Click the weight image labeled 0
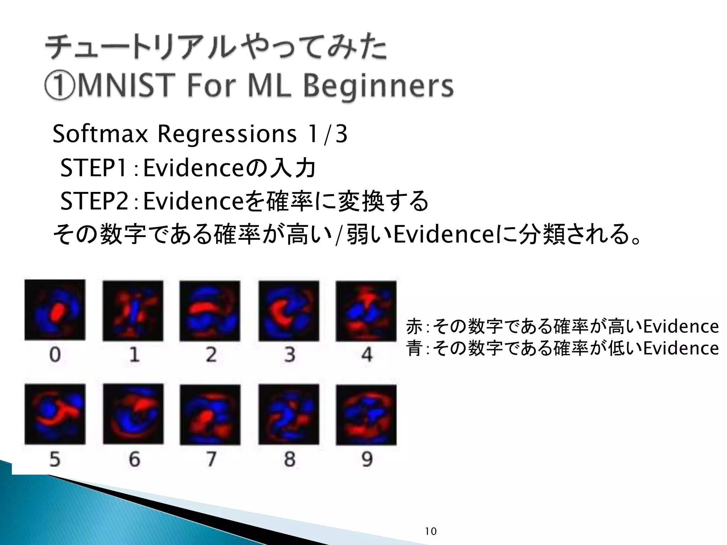tap(55, 310)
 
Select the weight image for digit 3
tap(289, 311)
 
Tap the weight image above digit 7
tap(210, 414)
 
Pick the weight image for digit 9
tap(366, 414)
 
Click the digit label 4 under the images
tap(367, 354)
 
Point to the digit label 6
tap(134, 459)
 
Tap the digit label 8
tap(289, 459)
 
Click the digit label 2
tap(211, 354)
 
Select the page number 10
tap(431, 531)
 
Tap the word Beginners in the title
tap(378, 86)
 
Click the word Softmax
tap(100, 134)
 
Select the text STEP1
tap(93, 168)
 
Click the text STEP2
tap(94, 201)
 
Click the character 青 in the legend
tap(414, 348)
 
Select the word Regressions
tap(226, 134)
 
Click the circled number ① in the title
tap(60, 86)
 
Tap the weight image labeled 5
tap(55, 414)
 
